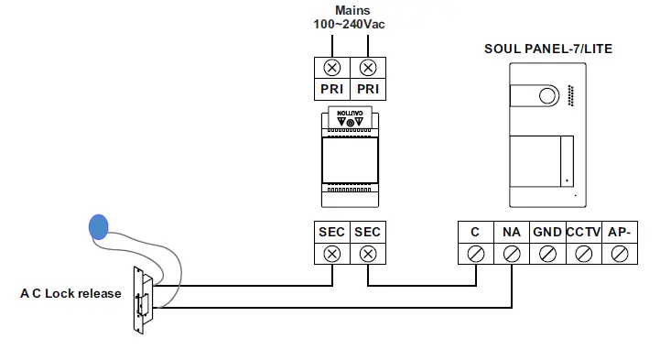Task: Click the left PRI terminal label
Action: (331, 89)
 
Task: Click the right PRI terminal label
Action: (367, 89)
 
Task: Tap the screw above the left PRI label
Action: (331, 67)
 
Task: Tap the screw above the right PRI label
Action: (367, 67)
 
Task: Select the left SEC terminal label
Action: (331, 233)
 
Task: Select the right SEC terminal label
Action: (367, 233)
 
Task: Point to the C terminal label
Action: (475, 233)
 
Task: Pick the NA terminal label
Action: (511, 233)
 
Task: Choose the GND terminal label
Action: (546, 233)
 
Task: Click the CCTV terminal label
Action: (582, 233)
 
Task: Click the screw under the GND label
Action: (546, 255)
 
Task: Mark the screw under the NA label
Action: (511, 255)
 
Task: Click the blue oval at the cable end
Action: (98, 226)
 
